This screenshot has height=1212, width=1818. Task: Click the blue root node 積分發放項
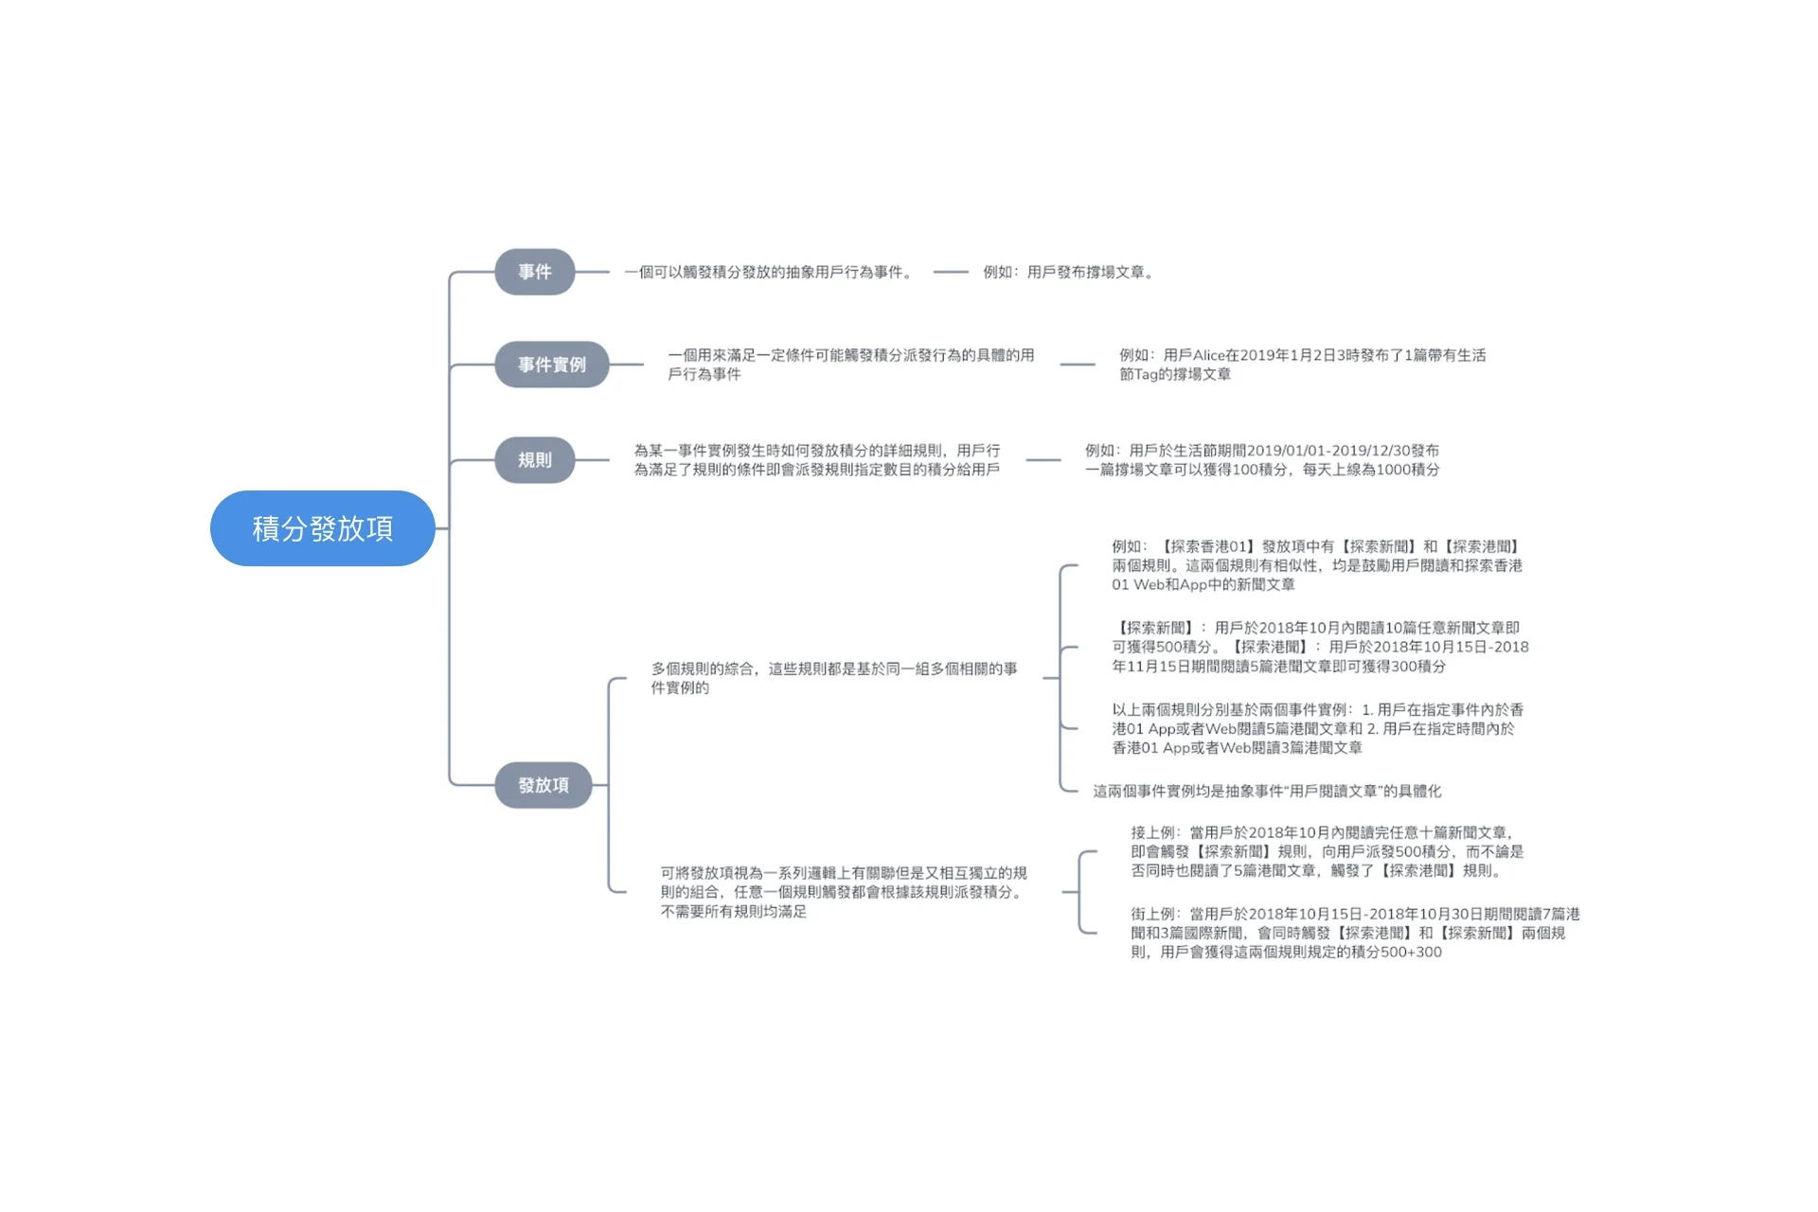[322, 528]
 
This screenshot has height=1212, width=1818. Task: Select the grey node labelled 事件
[534, 272]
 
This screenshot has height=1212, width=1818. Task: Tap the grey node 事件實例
[551, 365]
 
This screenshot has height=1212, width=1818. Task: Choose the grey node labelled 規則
[534, 460]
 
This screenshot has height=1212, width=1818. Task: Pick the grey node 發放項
[543, 785]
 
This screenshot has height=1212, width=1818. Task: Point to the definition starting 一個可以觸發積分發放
[769, 273]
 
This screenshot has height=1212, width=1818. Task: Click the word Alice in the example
[1208, 356]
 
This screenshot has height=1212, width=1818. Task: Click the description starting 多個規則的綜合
[833, 678]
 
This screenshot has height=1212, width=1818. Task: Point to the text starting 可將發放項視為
[843, 892]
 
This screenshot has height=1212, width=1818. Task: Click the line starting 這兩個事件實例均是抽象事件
[1267, 792]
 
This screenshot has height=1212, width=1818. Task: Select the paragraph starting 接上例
[1326, 851]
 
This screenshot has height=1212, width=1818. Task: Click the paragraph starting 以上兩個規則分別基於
[1316, 728]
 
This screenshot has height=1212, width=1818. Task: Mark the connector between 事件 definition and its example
[950, 273]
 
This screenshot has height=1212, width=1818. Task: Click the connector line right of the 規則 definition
[1043, 460]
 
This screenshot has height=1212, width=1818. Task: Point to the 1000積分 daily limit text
[1401, 470]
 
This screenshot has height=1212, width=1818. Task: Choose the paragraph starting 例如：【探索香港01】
[1316, 565]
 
